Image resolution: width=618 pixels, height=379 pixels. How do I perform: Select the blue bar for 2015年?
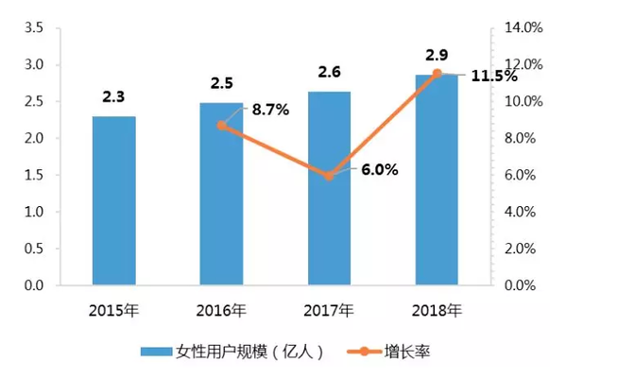[x=113, y=200]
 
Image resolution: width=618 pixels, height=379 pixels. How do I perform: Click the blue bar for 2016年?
[x=221, y=193]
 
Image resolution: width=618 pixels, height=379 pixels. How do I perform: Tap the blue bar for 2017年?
[x=329, y=188]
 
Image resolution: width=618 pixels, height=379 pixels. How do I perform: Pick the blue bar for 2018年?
[x=437, y=179]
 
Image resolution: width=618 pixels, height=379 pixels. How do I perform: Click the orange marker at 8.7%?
[x=222, y=125]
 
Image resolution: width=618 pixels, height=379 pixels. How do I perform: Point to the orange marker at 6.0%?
[x=329, y=175]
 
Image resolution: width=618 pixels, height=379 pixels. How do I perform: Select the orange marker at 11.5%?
[x=437, y=73]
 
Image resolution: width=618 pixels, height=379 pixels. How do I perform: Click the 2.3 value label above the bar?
[x=113, y=96]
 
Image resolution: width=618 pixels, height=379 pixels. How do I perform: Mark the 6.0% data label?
[x=379, y=170]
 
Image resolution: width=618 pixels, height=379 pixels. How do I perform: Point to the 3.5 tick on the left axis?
[x=34, y=27]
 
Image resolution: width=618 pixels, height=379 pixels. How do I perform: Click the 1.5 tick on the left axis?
[x=34, y=175]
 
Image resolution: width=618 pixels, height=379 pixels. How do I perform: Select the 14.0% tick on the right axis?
[x=522, y=27]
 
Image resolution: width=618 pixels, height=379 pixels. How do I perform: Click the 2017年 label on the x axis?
[x=329, y=309]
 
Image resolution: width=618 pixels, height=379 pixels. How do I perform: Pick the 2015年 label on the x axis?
[x=113, y=309]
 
